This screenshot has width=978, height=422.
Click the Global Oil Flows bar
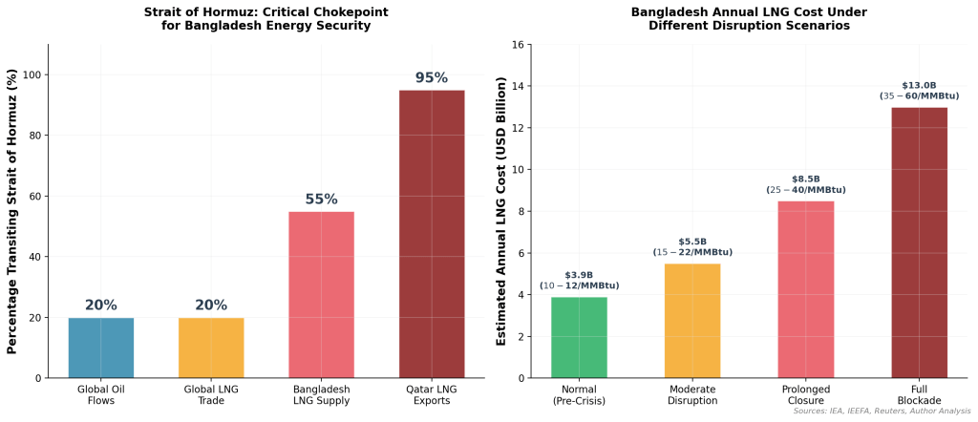tap(100, 348)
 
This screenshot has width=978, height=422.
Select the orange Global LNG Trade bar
tap(210, 348)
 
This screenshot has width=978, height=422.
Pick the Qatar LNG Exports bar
tap(432, 234)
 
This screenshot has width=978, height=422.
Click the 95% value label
tap(432, 77)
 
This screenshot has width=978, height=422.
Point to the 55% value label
tap(321, 200)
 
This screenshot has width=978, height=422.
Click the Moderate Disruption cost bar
tap(692, 321)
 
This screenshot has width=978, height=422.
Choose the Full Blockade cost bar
tap(920, 243)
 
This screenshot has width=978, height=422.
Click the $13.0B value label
tap(920, 85)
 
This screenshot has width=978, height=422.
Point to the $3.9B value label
tap(579, 275)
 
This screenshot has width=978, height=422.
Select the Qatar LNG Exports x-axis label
tap(432, 395)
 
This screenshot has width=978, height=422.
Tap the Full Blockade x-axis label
tap(920, 395)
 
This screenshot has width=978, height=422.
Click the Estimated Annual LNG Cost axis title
tap(501, 211)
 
